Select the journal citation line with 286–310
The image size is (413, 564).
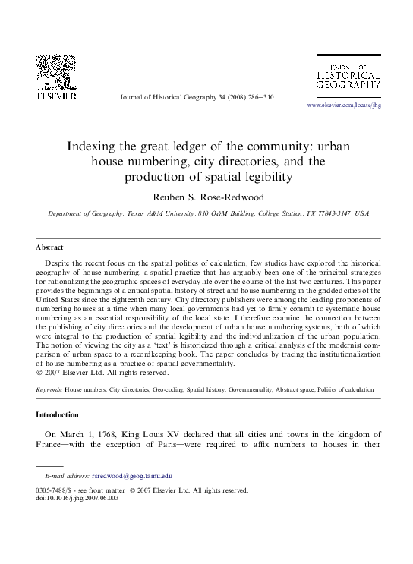tap(197, 98)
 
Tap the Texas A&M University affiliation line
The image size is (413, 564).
tap(207, 214)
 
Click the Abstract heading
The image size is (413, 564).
tap(50, 247)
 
